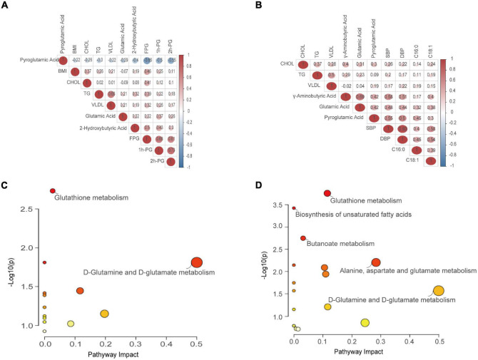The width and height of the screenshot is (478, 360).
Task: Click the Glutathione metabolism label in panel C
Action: (x=89, y=198)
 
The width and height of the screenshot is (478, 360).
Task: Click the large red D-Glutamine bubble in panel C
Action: (x=197, y=263)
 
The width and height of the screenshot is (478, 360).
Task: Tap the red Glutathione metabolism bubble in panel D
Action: (x=327, y=194)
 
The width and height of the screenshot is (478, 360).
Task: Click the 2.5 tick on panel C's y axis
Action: (x=26, y=209)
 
